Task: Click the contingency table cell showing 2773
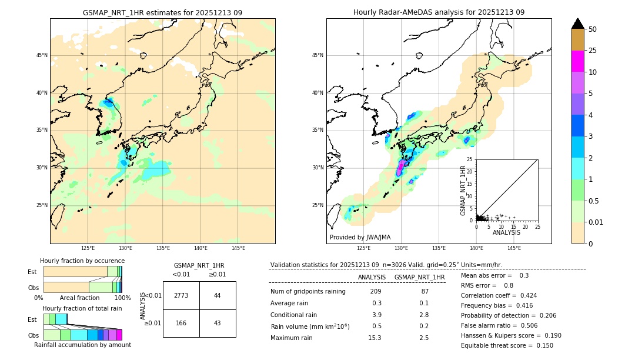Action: (181, 295)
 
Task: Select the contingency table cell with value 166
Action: (181, 324)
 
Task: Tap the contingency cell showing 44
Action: (218, 295)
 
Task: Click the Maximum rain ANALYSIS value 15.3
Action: (375, 338)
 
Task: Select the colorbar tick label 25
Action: (593, 51)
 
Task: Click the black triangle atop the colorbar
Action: (578, 24)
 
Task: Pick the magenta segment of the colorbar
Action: (578, 61)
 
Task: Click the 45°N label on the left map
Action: (42, 55)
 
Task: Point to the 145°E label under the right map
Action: (514, 248)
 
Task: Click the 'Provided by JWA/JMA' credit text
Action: (360, 238)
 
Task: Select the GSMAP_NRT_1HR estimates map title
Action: (162, 12)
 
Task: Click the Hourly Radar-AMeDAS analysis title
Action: (439, 12)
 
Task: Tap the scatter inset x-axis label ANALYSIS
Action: (506, 232)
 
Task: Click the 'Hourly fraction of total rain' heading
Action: (82, 308)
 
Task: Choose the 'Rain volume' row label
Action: (310, 326)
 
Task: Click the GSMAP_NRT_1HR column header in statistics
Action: (419, 277)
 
